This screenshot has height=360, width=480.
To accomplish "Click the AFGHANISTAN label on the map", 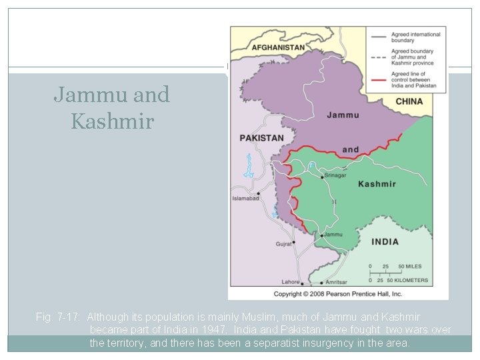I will click(x=278, y=47).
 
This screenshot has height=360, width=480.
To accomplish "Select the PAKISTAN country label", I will click(x=261, y=138).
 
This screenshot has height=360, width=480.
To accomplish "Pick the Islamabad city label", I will click(x=245, y=198).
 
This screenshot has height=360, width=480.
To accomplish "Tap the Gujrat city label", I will click(x=284, y=244).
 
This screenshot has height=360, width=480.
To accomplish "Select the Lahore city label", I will click(x=290, y=282).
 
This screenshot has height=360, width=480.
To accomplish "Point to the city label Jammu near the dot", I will click(x=334, y=235).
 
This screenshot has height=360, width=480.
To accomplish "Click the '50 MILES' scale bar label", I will click(x=410, y=266).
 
